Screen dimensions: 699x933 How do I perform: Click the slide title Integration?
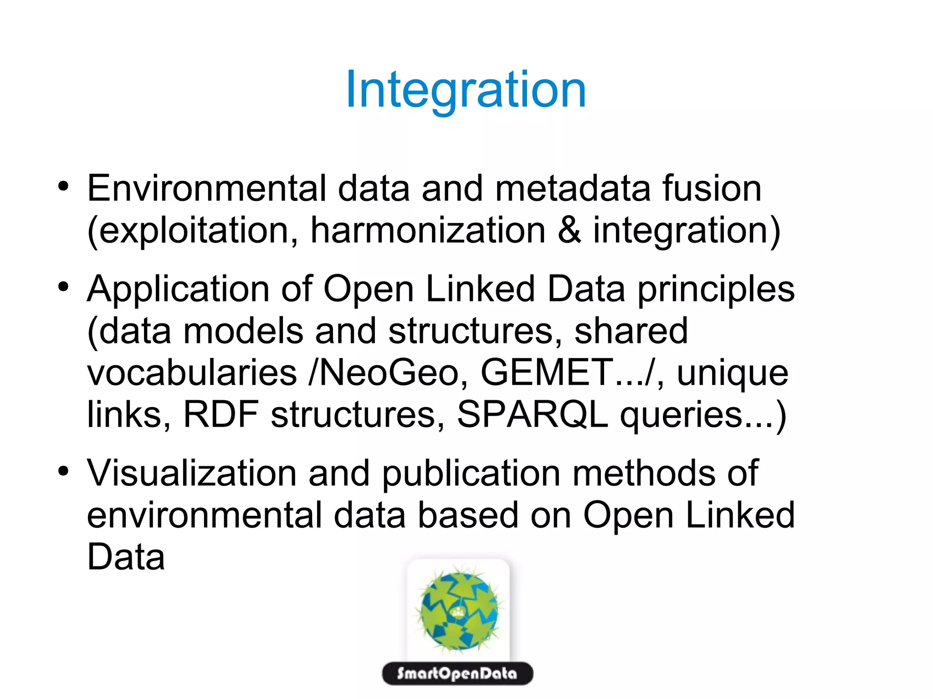click(466, 90)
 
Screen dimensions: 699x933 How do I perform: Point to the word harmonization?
click(428, 230)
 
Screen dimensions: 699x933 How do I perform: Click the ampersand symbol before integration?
click(569, 230)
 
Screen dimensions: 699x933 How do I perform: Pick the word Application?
click(178, 289)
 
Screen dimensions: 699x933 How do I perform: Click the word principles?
click(716, 289)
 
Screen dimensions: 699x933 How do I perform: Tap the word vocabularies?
click(192, 372)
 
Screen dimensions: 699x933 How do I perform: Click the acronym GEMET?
click(547, 372)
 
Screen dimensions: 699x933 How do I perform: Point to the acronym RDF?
click(221, 414)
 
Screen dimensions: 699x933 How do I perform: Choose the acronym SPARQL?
click(532, 414)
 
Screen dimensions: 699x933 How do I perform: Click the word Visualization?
click(192, 473)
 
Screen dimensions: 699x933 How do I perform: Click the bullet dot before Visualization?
click(63, 471)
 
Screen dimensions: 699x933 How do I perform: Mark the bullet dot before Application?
click(63, 287)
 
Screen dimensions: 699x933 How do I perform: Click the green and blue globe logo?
click(458, 608)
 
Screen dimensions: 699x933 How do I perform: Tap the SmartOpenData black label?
click(457, 673)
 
